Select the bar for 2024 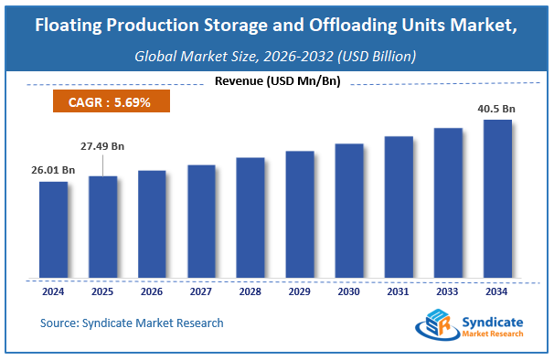[x=53, y=229]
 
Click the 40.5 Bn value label [x=497, y=109]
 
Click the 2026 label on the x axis [x=152, y=292]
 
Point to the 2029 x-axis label [x=300, y=292]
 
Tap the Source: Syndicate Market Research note [x=132, y=323]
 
